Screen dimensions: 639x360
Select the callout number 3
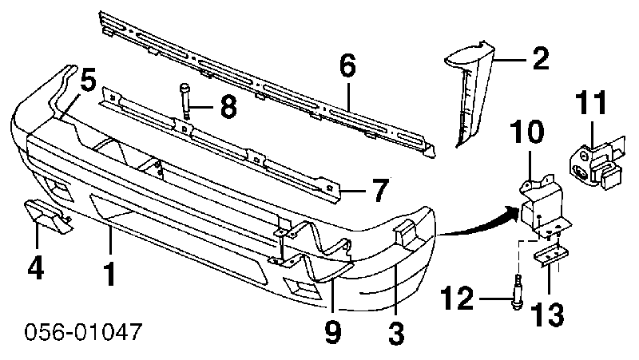point(395,334)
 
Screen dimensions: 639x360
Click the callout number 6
point(347,65)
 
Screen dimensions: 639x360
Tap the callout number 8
point(228,107)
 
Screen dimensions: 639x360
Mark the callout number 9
point(333,333)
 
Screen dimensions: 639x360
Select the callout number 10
point(528,131)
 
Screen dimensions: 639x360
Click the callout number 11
point(591,102)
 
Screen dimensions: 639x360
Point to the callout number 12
point(458,298)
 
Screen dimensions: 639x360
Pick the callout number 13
point(549,314)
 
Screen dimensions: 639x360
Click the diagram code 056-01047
point(83,331)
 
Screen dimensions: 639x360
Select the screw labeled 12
point(518,292)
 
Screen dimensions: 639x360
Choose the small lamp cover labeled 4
point(49,216)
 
